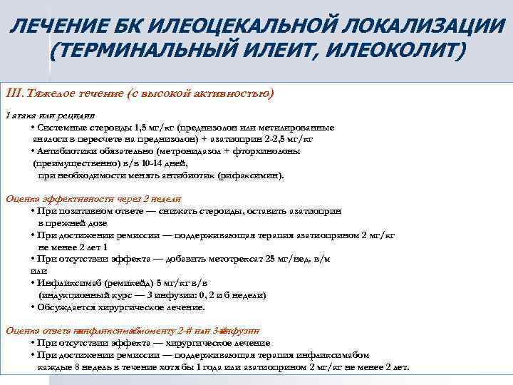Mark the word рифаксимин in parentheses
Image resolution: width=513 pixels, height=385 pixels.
pos(250,175)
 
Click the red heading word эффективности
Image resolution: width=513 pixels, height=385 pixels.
pos(66,200)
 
